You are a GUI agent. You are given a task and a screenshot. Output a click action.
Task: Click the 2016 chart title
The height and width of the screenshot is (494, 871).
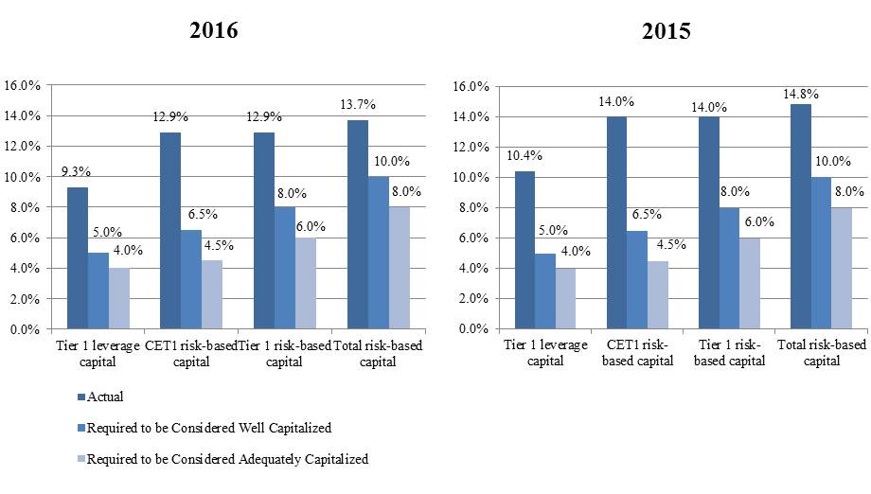click(x=213, y=30)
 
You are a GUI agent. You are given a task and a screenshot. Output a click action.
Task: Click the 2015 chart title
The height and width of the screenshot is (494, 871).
click(x=666, y=31)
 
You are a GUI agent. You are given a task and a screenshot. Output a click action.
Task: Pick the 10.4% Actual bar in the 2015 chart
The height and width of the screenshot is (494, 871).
click(x=524, y=251)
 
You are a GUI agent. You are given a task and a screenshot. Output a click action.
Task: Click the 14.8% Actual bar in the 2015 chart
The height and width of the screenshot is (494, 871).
click(x=800, y=217)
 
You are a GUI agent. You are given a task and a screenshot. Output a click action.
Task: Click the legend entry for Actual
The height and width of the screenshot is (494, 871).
click(x=105, y=397)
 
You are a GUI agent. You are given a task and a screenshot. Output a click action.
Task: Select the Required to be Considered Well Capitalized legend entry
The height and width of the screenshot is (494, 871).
click(x=208, y=428)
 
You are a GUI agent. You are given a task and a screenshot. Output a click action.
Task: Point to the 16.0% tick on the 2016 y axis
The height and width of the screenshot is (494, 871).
click(x=23, y=85)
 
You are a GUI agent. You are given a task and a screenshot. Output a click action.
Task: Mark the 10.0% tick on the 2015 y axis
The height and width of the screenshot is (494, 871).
click(x=471, y=178)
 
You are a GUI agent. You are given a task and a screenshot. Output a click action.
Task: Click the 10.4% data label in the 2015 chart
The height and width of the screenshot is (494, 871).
click(x=524, y=155)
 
